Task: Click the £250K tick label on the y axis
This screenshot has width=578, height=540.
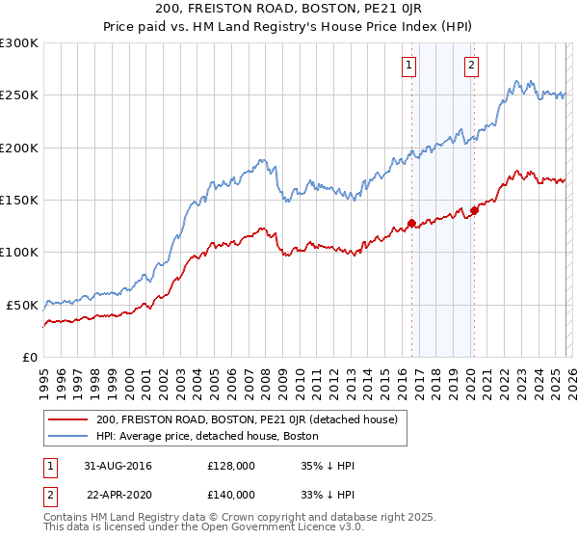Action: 19,95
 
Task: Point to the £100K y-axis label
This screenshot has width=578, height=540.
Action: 19,253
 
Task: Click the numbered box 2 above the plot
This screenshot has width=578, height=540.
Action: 472,66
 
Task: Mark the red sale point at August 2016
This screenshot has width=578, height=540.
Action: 411,224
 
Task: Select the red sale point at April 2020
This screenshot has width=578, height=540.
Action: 474,211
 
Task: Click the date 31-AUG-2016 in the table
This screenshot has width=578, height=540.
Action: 118,466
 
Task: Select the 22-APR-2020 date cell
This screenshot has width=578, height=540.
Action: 118,495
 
